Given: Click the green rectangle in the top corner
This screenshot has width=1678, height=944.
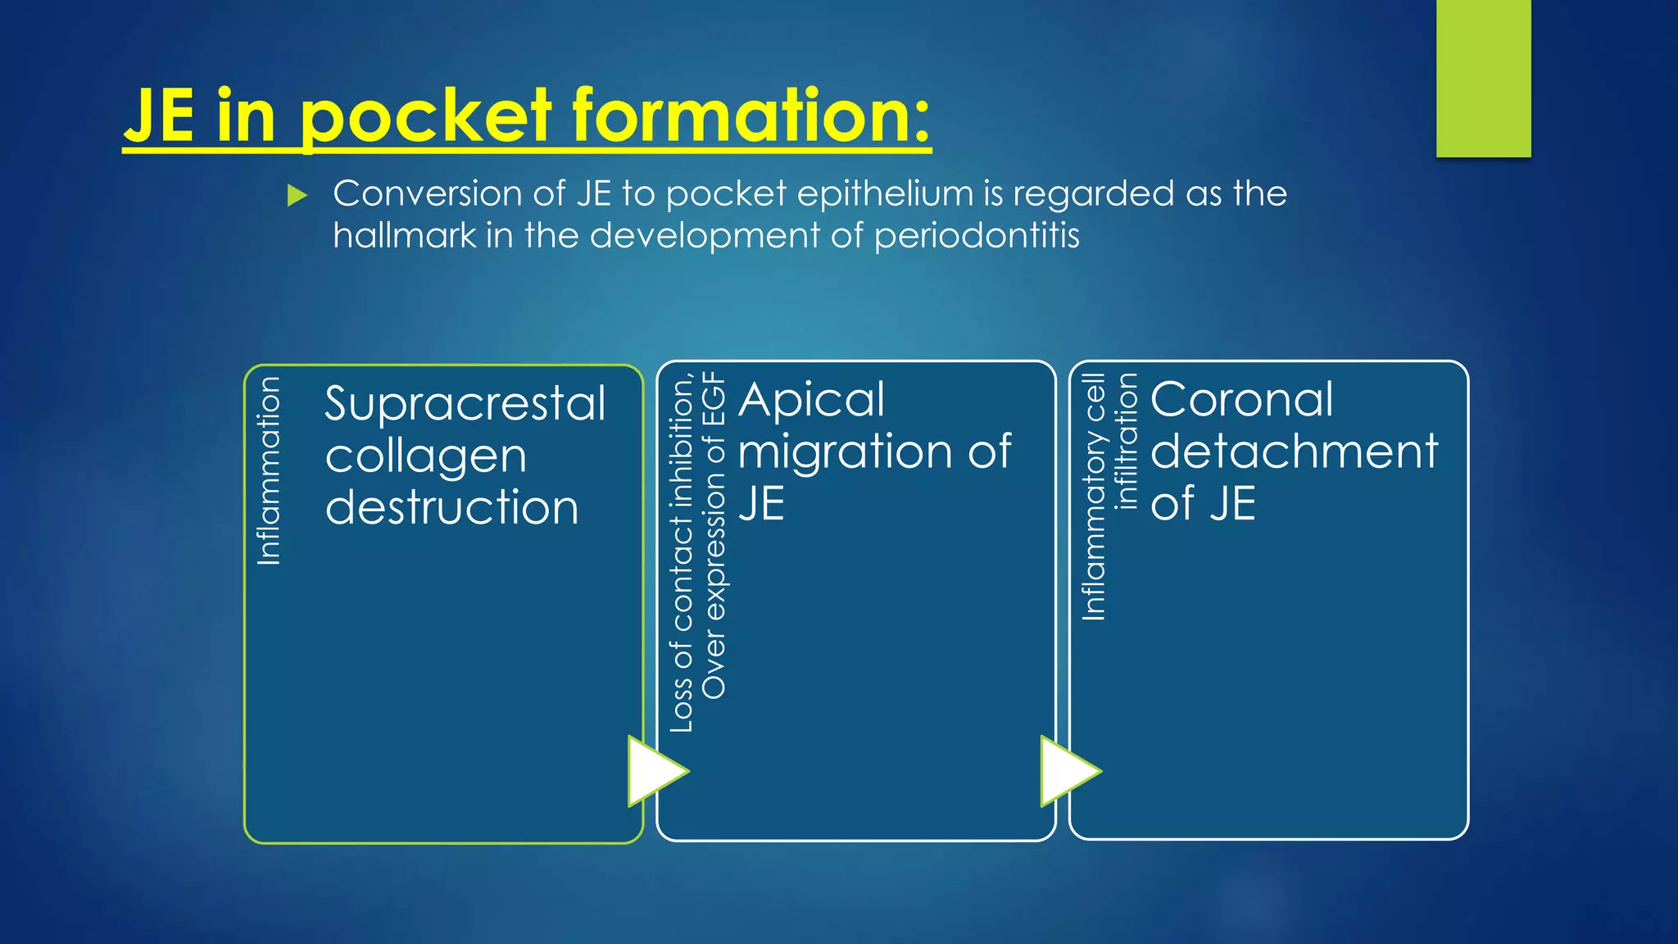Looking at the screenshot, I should (x=1483, y=78).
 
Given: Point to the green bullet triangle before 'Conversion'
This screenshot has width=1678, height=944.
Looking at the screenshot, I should (x=297, y=195).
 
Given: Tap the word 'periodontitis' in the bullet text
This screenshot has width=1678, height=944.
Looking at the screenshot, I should (x=977, y=236).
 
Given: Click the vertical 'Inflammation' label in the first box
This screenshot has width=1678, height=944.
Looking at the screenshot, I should (x=269, y=471).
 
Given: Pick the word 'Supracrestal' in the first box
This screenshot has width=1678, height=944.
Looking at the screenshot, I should (x=465, y=404).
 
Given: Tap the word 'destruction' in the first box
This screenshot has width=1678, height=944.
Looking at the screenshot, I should (x=451, y=507).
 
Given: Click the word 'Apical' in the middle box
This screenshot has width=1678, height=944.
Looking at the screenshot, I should (x=811, y=400).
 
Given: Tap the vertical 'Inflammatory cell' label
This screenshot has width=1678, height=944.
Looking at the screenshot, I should (x=1094, y=497).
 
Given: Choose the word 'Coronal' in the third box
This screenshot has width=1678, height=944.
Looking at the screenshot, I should (x=1241, y=400).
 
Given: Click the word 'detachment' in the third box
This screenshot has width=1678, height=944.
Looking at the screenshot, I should (x=1294, y=452).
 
